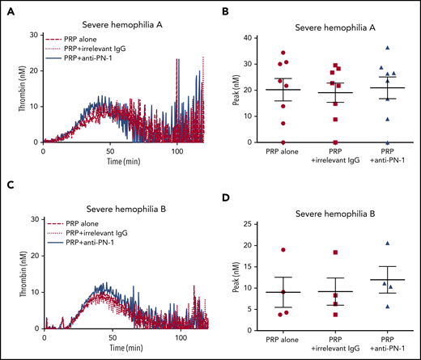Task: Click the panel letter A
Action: (x=7, y=11)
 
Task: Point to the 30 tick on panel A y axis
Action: (x=32, y=35)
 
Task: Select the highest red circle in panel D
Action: (x=283, y=251)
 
